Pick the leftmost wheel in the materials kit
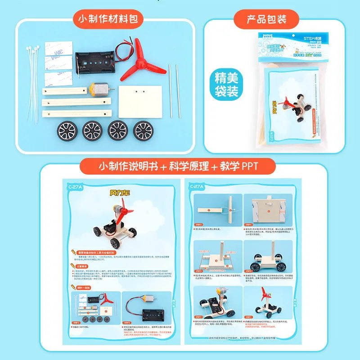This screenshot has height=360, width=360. coord(67,130)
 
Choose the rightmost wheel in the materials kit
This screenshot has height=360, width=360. coord(144,130)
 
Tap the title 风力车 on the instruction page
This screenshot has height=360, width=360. coord(120,193)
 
